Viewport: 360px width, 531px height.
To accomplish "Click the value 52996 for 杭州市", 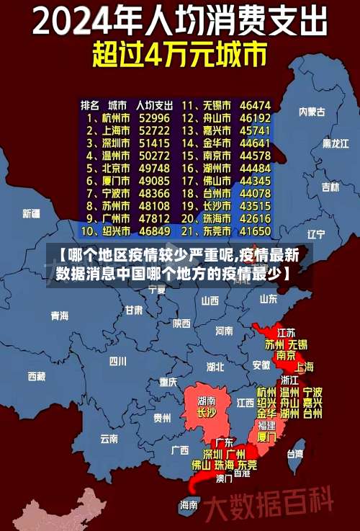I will [x=155, y=117].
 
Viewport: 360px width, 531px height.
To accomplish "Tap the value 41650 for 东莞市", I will [x=255, y=231].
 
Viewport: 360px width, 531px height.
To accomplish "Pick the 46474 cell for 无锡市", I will [x=255, y=104].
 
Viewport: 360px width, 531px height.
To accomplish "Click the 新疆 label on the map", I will [x=32, y=213].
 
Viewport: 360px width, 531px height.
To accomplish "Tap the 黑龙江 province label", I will [x=336, y=143].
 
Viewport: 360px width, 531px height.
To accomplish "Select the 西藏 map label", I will [x=37, y=376].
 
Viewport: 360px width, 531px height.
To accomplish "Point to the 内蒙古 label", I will [x=312, y=112].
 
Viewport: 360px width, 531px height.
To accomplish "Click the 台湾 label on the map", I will [x=295, y=454].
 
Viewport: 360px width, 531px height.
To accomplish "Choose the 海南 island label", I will [x=189, y=504].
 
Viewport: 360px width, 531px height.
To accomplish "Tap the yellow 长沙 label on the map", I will [x=206, y=413].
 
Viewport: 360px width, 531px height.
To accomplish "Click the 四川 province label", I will [x=117, y=361].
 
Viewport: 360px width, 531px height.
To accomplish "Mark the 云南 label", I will [x=109, y=437].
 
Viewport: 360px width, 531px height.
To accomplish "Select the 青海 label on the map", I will [x=60, y=316].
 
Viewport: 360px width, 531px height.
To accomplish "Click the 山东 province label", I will [x=269, y=298].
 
